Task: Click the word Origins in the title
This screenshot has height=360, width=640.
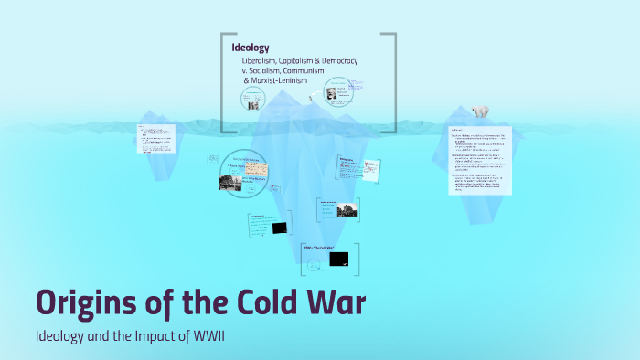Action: (90, 302)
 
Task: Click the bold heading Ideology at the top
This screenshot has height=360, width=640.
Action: (250, 47)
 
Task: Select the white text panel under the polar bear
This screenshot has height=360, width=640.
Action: (480, 160)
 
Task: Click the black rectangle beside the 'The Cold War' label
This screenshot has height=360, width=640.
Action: (340, 259)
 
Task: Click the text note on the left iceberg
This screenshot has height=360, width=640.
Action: (151, 141)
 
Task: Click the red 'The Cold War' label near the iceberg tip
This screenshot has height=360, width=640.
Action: (316, 249)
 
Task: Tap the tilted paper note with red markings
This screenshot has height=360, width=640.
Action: (372, 169)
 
